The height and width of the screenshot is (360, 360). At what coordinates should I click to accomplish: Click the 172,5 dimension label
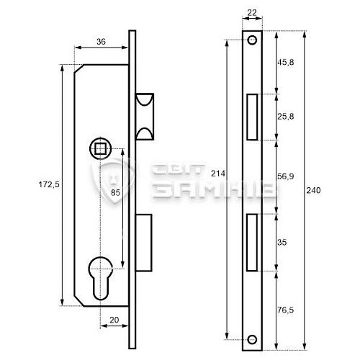pyautogui.click(x=49, y=184)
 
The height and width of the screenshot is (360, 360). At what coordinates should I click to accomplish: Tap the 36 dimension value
pyautogui.click(x=101, y=42)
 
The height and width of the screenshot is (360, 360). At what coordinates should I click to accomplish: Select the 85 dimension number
pyautogui.click(x=115, y=192)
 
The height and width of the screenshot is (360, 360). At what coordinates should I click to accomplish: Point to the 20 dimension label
pyautogui.click(x=114, y=320)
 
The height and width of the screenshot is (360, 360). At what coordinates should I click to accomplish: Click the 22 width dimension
pyautogui.click(x=252, y=13)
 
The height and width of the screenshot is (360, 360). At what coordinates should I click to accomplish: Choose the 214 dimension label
pyautogui.click(x=218, y=174)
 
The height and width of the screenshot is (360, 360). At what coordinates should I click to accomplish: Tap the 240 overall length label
pyautogui.click(x=313, y=190)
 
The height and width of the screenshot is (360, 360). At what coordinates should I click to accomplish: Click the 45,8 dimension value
pyautogui.click(x=286, y=63)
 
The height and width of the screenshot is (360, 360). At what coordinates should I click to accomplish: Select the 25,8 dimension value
pyautogui.click(x=286, y=117)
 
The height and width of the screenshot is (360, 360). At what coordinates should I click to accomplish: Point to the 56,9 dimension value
pyautogui.click(x=286, y=176)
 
